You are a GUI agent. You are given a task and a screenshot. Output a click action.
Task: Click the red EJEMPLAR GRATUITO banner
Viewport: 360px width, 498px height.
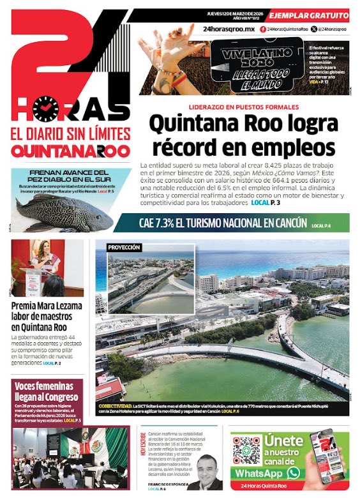tap(309, 15)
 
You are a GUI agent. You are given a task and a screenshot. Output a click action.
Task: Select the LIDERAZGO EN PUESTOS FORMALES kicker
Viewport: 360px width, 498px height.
tap(243, 107)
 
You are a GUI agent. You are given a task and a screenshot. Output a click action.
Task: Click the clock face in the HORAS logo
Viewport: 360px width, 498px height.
tap(45, 109)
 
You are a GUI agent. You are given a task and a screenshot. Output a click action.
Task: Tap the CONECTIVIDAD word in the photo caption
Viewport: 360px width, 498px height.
tap(114, 405)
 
